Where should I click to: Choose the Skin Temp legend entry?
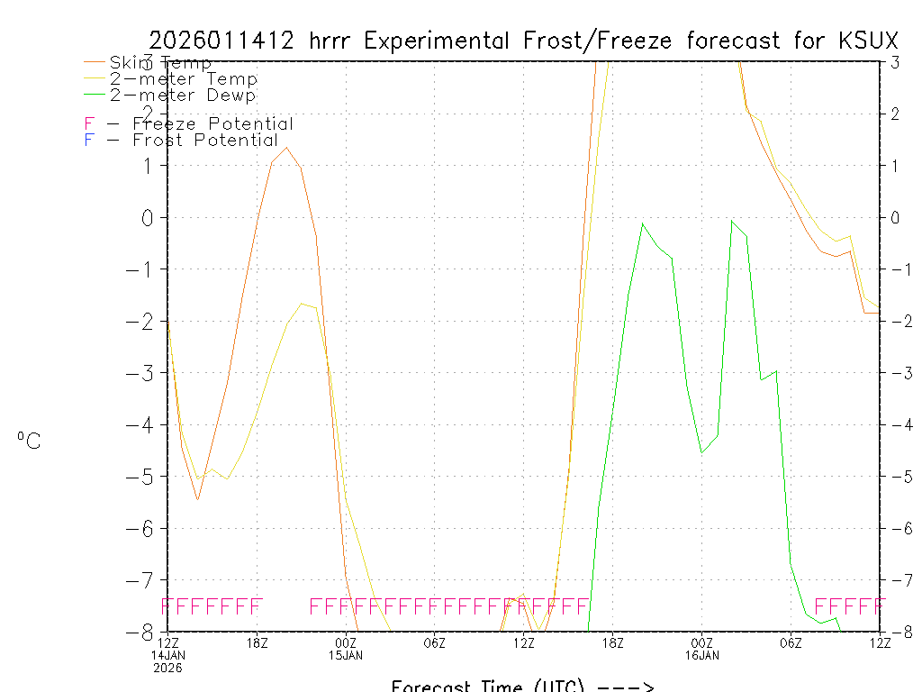[x=160, y=63]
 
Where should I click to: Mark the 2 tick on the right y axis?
[x=895, y=114]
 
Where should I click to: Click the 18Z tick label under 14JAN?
[x=258, y=642]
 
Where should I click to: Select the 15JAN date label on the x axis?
[x=347, y=655]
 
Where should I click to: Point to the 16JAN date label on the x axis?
[x=702, y=655]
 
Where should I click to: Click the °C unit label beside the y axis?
[x=29, y=441]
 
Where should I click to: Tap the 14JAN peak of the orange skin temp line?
[x=286, y=148]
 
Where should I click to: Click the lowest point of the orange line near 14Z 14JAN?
[x=198, y=499]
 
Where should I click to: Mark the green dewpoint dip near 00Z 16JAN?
[x=702, y=452]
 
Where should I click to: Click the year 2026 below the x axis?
[x=168, y=668]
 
